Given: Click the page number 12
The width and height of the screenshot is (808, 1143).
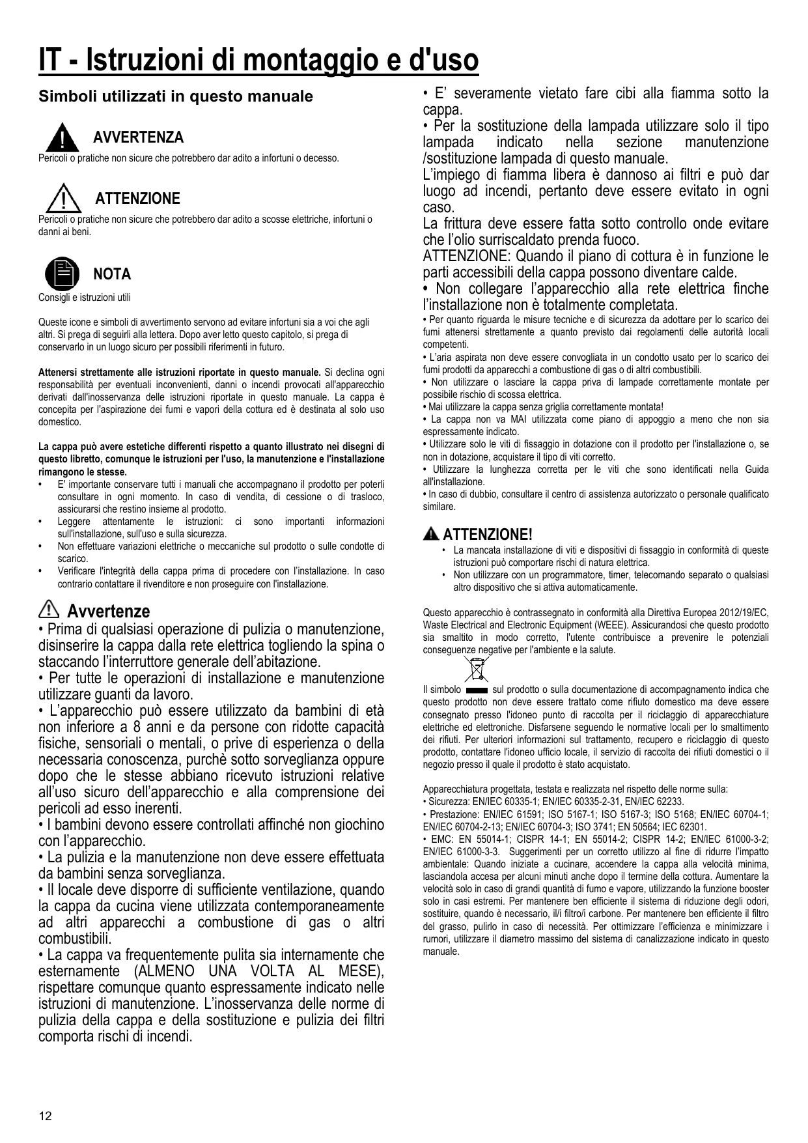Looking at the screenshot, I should point(45,1116).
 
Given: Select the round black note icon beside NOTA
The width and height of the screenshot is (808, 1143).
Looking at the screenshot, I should point(62,274).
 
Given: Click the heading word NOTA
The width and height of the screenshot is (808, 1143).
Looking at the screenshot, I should point(112,274).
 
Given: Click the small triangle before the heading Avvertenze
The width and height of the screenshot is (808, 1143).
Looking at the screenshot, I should point(49,610).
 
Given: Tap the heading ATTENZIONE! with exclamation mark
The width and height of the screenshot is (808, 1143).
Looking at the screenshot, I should point(488,535).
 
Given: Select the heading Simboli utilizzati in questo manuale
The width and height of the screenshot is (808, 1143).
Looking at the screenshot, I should point(176,96).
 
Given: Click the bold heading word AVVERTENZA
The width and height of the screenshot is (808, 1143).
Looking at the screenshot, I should point(138,137).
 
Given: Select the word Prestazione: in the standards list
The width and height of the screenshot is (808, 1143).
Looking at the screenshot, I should point(453,814).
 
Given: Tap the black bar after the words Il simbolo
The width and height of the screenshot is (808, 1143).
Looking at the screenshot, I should point(477,689).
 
